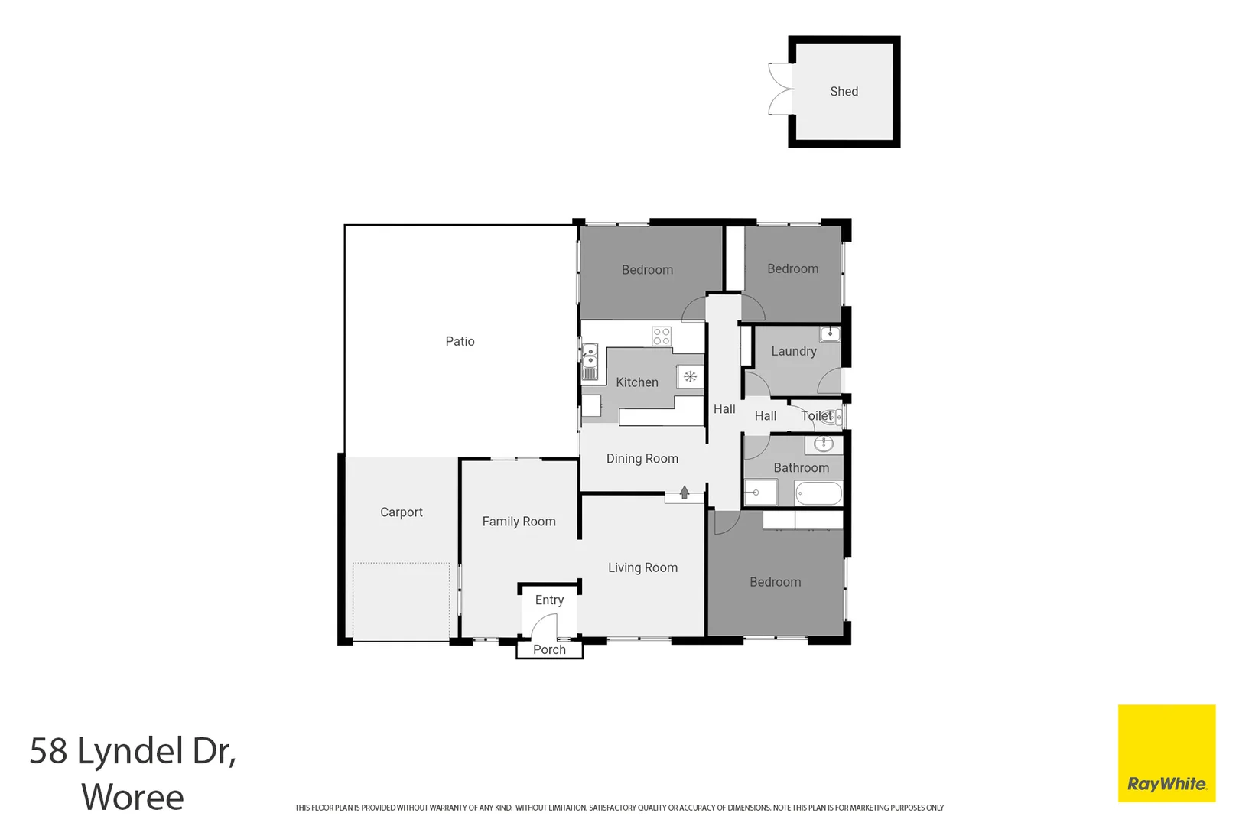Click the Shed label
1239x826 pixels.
point(844,92)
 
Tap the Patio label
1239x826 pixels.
point(460,341)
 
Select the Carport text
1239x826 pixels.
point(401,512)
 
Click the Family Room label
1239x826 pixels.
point(519,522)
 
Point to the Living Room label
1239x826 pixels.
point(642,567)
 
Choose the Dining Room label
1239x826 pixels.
point(642,459)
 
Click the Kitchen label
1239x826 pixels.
point(636,382)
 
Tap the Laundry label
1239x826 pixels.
point(793,351)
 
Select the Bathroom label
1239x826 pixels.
point(801,467)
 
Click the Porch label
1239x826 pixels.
point(549,649)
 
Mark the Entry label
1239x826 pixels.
point(549,600)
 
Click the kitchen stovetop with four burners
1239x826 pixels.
point(662,336)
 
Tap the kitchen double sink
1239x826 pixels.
point(590,362)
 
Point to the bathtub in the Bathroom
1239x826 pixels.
point(818,493)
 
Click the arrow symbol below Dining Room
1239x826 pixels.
point(685,493)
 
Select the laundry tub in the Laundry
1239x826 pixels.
point(830,333)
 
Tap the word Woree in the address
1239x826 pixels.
point(132,797)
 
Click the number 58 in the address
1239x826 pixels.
point(48,751)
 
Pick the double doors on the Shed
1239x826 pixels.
point(780,89)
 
